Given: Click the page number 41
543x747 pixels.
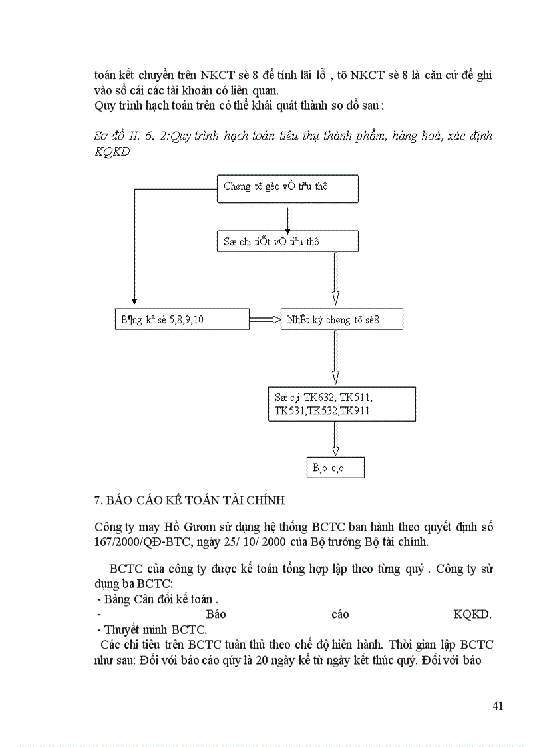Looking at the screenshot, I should [x=497, y=706].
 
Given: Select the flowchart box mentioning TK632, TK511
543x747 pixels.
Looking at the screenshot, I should [x=341, y=404].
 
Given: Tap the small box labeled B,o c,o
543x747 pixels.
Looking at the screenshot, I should [x=335, y=468].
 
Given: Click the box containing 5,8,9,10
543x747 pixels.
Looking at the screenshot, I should [x=181, y=320].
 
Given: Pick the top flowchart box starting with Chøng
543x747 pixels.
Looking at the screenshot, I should [x=287, y=188].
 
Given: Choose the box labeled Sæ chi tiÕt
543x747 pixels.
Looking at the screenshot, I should [x=287, y=241].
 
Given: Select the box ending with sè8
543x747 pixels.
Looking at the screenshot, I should [x=341, y=320].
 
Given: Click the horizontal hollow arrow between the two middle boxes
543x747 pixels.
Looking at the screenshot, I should [x=265, y=320].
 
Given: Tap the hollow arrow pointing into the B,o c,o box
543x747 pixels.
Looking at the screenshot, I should [x=335, y=439].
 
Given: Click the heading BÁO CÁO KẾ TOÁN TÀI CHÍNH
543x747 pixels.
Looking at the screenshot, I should [x=192, y=500].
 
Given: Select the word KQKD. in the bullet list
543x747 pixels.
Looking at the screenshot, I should [x=472, y=614].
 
